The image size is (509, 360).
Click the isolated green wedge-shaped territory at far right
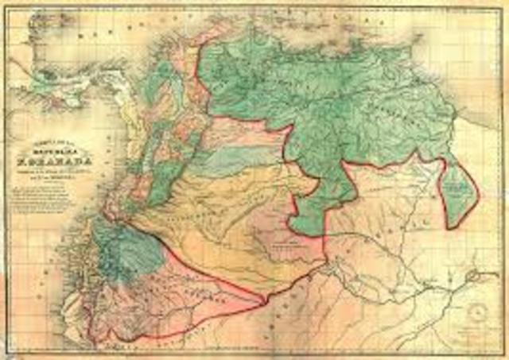[459, 191]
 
